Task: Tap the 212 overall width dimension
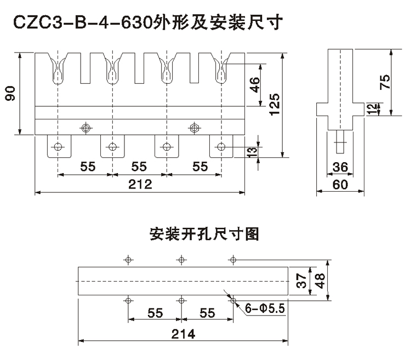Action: pos(140,185)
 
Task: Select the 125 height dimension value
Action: pos(276,102)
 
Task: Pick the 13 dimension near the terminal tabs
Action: pos(253,152)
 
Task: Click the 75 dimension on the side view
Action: pos(385,82)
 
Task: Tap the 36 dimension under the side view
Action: pos(340,167)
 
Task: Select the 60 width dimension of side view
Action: pos(340,185)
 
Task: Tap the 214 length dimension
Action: pos(180,333)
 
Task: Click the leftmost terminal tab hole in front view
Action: pos(59,146)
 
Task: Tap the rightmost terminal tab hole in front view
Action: pos(221,146)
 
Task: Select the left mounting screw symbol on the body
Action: pos(85,127)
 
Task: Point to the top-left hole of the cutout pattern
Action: pos(128,260)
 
